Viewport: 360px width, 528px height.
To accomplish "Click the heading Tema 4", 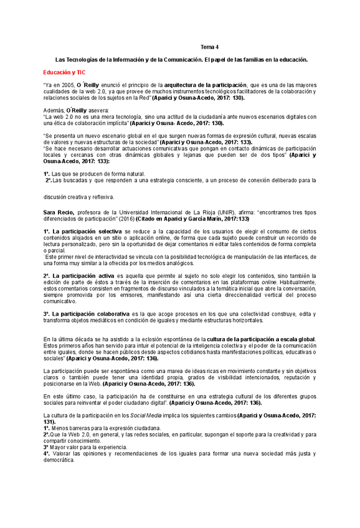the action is (209, 47).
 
